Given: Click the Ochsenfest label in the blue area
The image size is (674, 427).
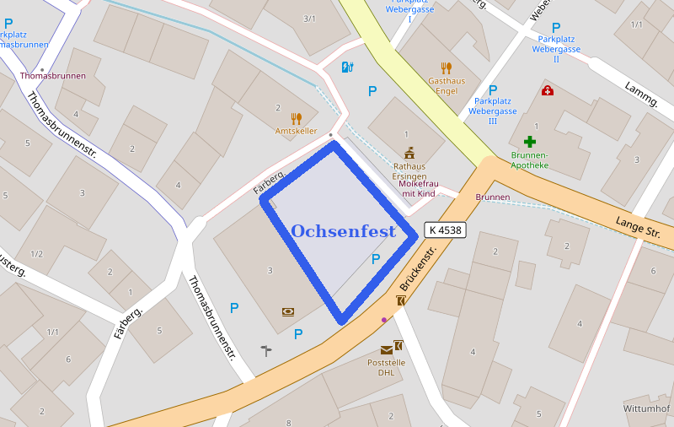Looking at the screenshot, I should tap(343, 231).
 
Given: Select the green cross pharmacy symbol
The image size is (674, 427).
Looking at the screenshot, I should tap(529, 142).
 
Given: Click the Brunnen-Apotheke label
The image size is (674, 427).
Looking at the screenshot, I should tap(529, 160).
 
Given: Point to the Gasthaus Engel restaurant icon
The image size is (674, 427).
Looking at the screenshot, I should tap(447, 68).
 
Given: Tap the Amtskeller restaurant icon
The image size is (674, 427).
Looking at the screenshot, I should tap(296, 118).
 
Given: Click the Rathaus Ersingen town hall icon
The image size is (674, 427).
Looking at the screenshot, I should tap(409, 153).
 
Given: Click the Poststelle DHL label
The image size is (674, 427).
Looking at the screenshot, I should tap(386, 367).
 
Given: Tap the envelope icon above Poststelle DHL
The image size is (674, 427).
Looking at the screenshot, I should tap(386, 349).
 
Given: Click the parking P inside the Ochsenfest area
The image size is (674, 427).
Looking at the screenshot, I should tap(376, 259).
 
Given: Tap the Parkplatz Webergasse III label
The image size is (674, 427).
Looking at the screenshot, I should tap(493, 111).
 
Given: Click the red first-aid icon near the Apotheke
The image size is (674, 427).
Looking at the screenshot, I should tap(548, 90).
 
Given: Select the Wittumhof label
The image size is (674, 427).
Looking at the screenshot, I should tap(646, 408).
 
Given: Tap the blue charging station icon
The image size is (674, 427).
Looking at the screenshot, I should tap(347, 68).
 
